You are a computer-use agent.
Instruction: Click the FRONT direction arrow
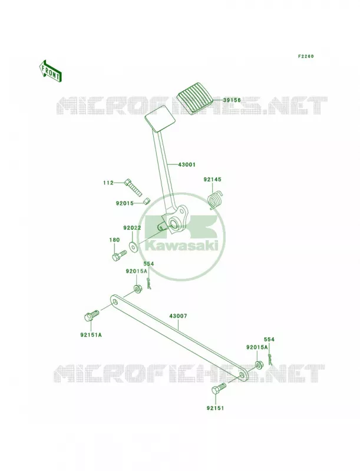click(51, 71)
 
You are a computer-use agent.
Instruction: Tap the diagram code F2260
click(306, 56)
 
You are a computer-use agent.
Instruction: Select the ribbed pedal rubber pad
click(196, 97)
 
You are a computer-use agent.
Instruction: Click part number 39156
click(232, 100)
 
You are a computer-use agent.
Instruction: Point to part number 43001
click(187, 165)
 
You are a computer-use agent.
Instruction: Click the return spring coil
click(216, 200)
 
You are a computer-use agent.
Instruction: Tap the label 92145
click(212, 180)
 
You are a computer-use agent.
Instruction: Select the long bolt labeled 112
click(133, 188)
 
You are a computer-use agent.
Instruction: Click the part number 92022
click(132, 228)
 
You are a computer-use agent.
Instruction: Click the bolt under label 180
click(119, 256)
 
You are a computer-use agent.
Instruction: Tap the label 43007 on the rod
click(178, 316)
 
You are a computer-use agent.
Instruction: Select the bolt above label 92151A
click(91, 316)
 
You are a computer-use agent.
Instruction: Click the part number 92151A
click(91, 334)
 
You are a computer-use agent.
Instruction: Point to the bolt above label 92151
click(219, 389)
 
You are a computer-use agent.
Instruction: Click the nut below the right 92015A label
click(258, 364)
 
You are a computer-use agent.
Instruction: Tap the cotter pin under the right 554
click(270, 357)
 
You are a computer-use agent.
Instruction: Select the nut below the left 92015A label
click(138, 290)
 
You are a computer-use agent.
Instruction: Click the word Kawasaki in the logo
click(181, 246)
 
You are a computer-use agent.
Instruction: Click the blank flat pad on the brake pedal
click(160, 118)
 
